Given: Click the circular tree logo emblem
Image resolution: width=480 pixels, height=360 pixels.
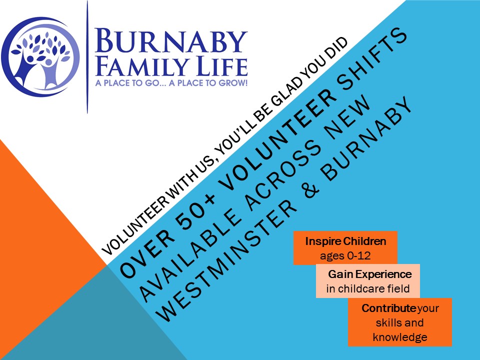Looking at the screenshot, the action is click(x=40, y=57).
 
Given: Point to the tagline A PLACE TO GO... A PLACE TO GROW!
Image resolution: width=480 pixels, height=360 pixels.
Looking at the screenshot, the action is click(x=171, y=82).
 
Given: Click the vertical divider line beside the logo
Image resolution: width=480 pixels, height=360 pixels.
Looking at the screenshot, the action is click(x=87, y=57).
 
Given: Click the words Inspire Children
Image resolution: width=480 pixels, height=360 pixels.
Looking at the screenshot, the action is click(x=345, y=241).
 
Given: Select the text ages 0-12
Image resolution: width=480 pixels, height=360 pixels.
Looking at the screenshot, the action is click(x=345, y=255).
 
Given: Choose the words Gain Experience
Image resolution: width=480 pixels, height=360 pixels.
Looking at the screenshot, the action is click(x=370, y=274).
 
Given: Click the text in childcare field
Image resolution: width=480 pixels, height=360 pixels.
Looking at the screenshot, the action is click(x=368, y=288).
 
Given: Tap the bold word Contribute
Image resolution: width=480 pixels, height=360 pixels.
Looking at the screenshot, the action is click(x=388, y=308).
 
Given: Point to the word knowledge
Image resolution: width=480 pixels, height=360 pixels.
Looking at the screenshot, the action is click(x=400, y=337).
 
